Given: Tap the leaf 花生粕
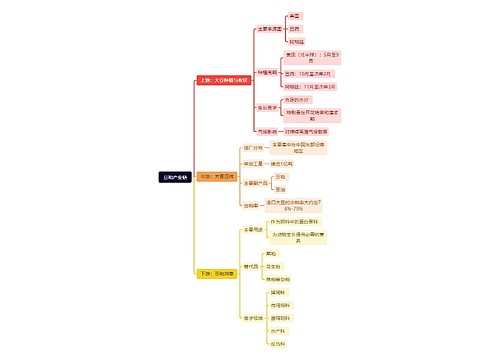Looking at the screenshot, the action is click(274, 264).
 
